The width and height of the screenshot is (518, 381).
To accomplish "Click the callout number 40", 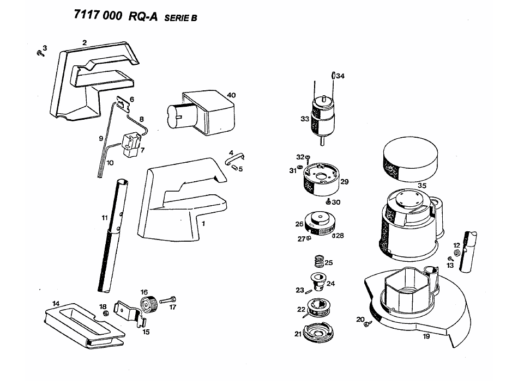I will [231, 95].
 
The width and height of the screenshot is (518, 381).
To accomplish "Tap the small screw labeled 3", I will [39, 53].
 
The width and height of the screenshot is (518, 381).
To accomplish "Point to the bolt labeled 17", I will [169, 299].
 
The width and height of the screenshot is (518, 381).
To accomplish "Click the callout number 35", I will [421, 185].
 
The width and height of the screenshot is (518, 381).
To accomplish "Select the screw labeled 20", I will [368, 323].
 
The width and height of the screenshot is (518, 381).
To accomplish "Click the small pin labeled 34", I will [332, 76].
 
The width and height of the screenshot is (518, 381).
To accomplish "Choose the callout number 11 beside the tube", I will [104, 218].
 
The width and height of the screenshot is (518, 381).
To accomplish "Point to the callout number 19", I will [426, 336].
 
